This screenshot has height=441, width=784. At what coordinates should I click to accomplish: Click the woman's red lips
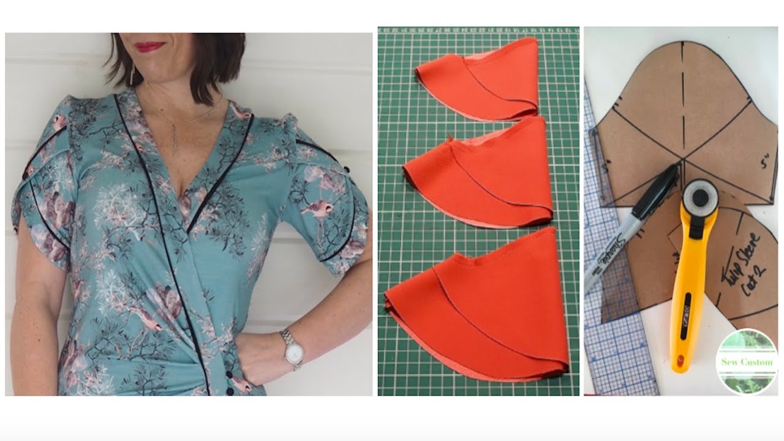click(150, 47)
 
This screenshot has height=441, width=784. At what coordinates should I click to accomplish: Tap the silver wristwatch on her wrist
click(292, 348)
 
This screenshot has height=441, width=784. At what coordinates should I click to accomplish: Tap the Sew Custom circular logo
click(747, 361)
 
